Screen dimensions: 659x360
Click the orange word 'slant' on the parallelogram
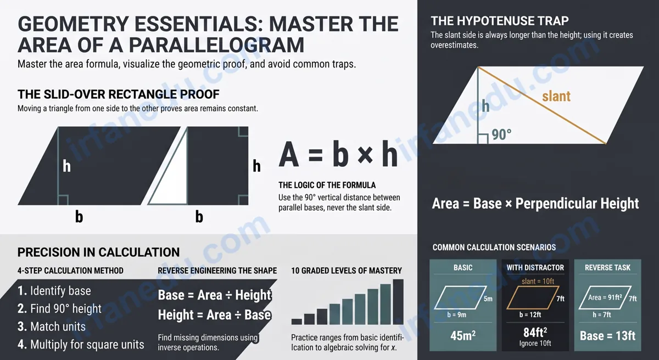(x=556, y=96)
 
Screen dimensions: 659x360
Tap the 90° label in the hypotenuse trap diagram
(x=501, y=134)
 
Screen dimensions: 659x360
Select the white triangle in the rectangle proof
(x=169, y=167)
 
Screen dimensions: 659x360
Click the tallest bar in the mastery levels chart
(x=398, y=302)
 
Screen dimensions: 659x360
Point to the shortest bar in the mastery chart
(x=297, y=322)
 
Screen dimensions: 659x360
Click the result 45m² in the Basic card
(x=463, y=335)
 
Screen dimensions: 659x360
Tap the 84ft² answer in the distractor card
(x=535, y=333)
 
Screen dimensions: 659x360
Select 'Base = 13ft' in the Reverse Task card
(x=607, y=336)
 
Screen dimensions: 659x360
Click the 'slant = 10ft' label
(x=538, y=281)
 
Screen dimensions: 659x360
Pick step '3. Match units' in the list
(x=52, y=327)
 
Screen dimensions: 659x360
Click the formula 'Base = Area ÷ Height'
(x=215, y=295)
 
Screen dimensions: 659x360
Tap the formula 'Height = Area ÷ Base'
(x=214, y=315)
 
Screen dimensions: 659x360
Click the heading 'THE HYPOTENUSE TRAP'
(x=500, y=21)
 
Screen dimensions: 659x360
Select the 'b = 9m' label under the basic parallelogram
(x=456, y=315)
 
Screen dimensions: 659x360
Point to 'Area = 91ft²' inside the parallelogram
(x=605, y=297)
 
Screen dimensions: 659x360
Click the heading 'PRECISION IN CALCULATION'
(x=98, y=252)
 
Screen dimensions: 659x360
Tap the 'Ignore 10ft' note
(x=535, y=343)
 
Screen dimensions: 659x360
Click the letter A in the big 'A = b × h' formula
(x=289, y=154)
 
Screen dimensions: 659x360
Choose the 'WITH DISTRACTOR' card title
(x=535, y=267)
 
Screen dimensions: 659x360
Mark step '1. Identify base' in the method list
(x=54, y=291)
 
